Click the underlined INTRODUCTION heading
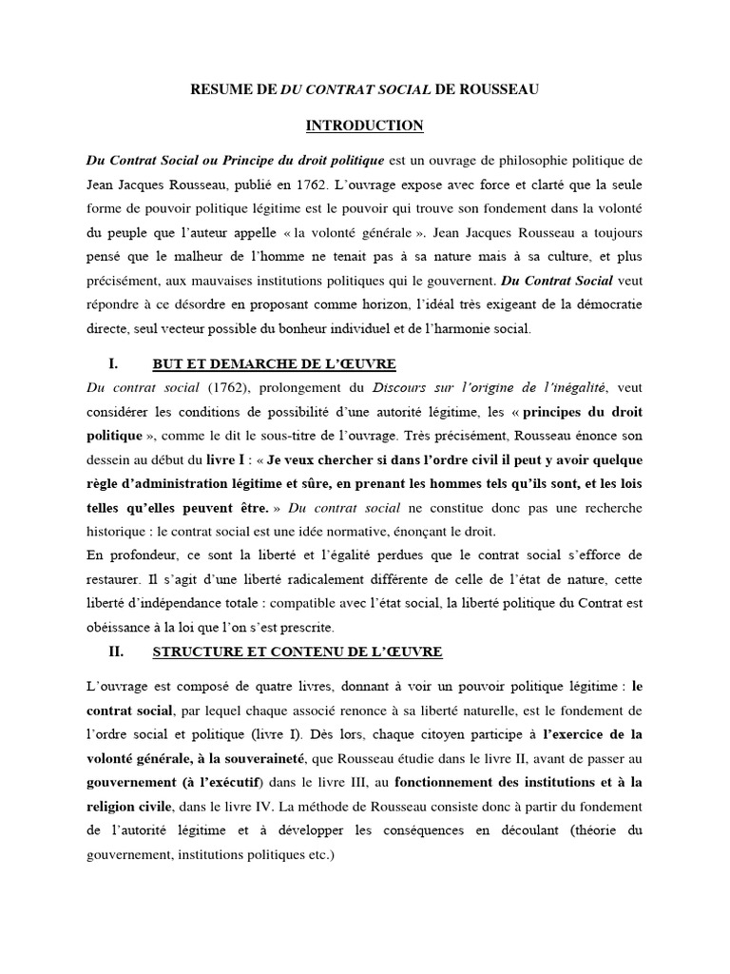364,126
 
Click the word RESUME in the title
221,90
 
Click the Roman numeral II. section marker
119,652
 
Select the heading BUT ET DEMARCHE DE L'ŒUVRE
274,364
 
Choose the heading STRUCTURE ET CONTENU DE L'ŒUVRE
297,653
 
